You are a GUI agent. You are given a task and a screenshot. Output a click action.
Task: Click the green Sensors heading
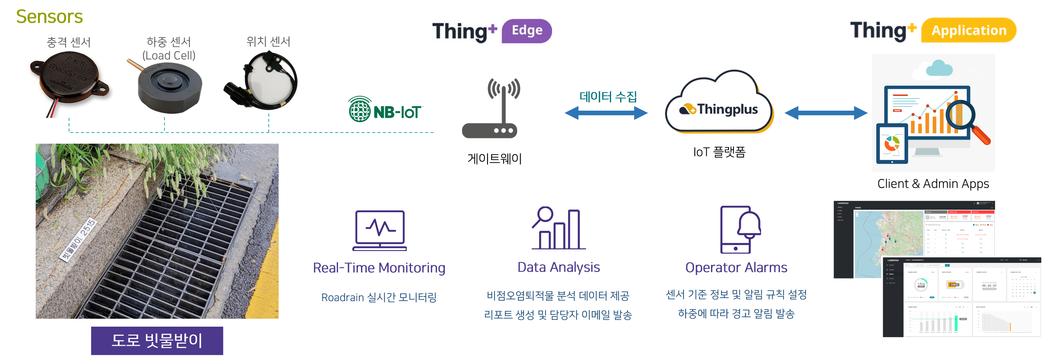pyautogui.click(x=50, y=17)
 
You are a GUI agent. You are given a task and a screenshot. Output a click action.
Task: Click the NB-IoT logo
pyautogui.click(x=385, y=110)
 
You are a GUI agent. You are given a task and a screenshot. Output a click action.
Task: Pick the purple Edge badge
pyautogui.click(x=526, y=31)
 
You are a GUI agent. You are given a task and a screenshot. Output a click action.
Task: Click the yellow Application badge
pyautogui.click(x=968, y=30)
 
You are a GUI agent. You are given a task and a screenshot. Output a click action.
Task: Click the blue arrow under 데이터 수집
pyautogui.click(x=606, y=113)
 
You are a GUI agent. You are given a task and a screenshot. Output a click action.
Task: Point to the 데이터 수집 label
pyautogui.click(x=608, y=97)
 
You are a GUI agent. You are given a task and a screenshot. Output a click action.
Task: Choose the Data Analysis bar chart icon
pyautogui.click(x=558, y=229)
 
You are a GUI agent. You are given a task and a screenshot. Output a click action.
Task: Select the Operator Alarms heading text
pyautogui.click(x=736, y=268)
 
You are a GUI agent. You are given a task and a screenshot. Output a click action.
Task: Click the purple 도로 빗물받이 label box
pyautogui.click(x=157, y=341)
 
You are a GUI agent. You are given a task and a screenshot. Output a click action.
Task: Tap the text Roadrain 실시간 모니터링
pyautogui.click(x=379, y=298)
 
